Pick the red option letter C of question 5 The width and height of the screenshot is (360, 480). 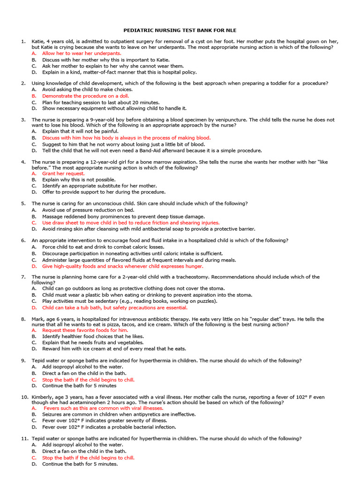pos(34,223)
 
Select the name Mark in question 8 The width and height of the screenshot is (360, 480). pos(38,319)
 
